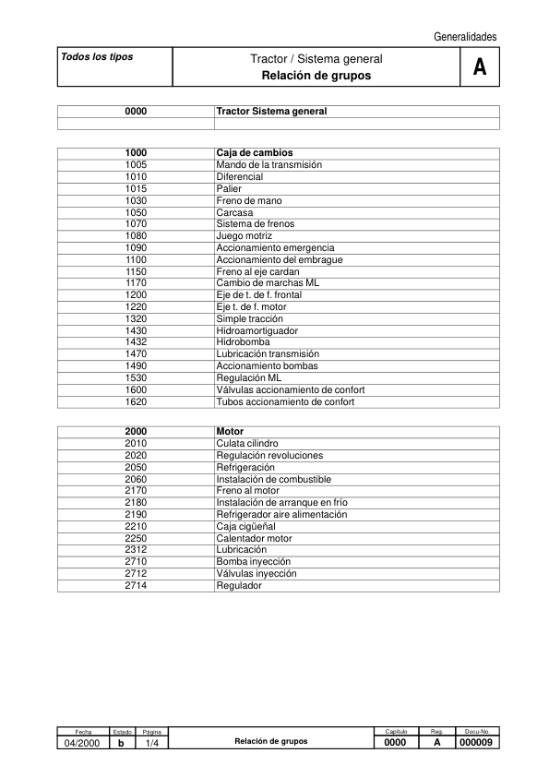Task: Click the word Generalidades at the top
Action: pyautogui.click(x=465, y=37)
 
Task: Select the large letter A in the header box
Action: pyautogui.click(x=479, y=67)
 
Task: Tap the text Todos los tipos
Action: pyautogui.click(x=97, y=56)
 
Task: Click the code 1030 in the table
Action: pyautogui.click(x=136, y=200)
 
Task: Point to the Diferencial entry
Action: pyautogui.click(x=239, y=176)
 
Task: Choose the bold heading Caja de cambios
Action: pyautogui.click(x=255, y=152)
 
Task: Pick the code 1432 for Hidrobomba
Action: pyautogui.click(x=136, y=342)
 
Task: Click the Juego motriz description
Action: pyautogui.click(x=244, y=236)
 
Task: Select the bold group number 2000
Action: pyautogui.click(x=136, y=431)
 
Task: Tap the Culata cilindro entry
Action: pyautogui.click(x=247, y=444)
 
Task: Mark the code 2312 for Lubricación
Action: pyautogui.click(x=136, y=549)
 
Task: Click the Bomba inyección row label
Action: pyautogui.click(x=253, y=561)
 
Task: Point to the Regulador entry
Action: pyautogui.click(x=239, y=585)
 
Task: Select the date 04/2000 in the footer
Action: pyautogui.click(x=83, y=743)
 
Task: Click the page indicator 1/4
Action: pyautogui.click(x=152, y=743)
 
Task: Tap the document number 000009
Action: pyautogui.click(x=478, y=743)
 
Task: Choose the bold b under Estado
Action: pyautogui.click(x=122, y=743)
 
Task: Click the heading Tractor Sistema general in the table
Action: pyautogui.click(x=271, y=111)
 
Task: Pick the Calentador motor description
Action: pyautogui.click(x=254, y=538)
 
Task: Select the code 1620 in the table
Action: pyautogui.click(x=136, y=401)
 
